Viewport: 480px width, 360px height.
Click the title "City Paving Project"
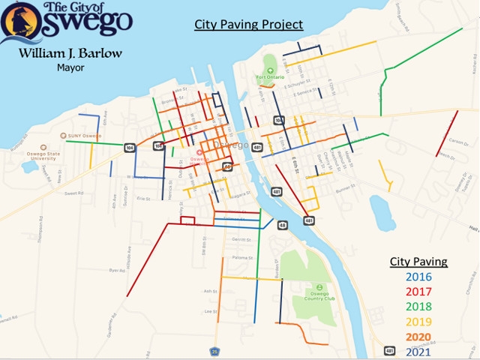click(248, 25)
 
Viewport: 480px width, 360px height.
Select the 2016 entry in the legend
click(418, 277)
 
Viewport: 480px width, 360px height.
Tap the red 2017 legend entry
click(418, 291)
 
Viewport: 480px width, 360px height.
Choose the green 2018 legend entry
click(418, 306)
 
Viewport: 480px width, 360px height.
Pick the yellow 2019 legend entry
click(418, 320)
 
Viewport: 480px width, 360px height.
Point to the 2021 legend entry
click(418, 349)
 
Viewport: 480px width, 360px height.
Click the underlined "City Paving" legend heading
click(418, 262)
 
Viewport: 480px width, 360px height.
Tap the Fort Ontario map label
click(271, 76)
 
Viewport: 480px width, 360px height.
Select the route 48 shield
click(282, 224)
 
